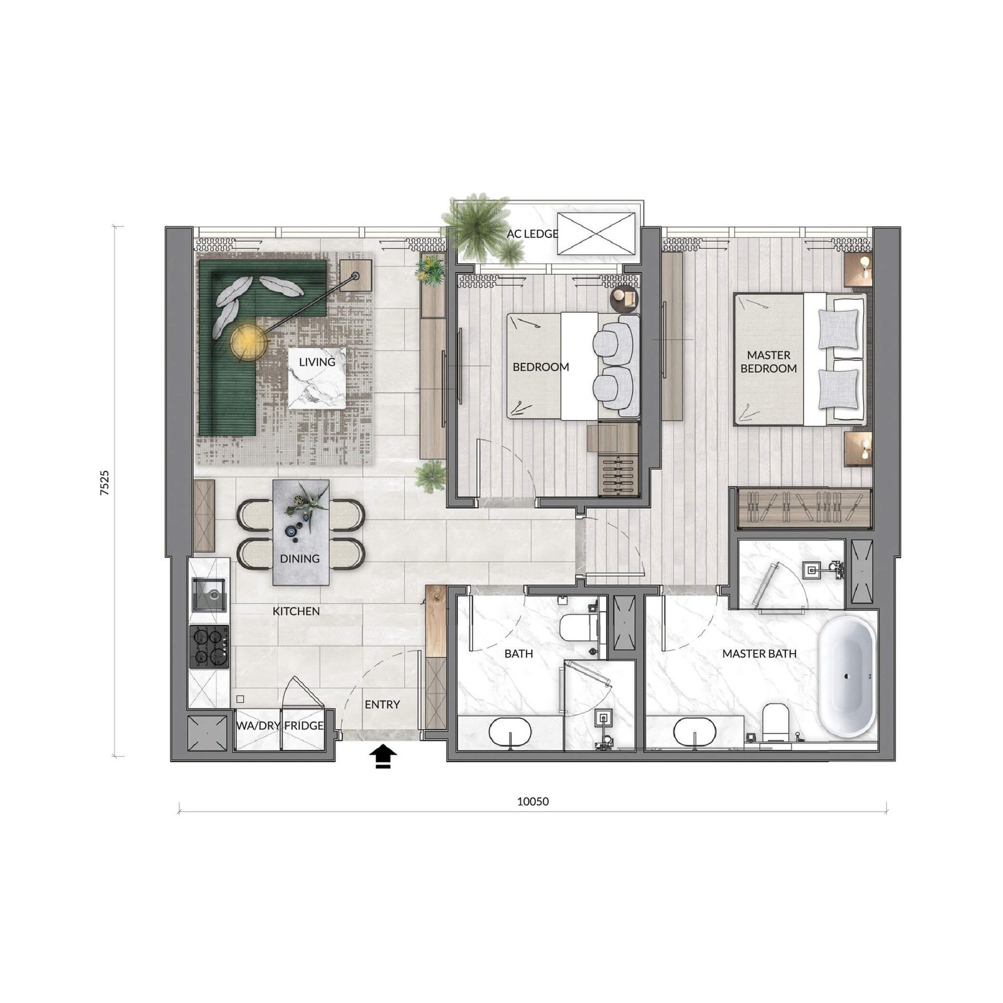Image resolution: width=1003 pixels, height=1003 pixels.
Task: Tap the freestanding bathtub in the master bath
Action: pos(847,676)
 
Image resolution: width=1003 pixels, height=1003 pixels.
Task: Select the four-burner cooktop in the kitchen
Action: pos(209,646)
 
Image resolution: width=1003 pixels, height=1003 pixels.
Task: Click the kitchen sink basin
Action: pos(209,595)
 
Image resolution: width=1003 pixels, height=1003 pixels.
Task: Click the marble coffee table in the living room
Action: pos(317,378)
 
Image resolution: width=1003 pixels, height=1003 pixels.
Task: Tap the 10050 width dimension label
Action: pos(533,801)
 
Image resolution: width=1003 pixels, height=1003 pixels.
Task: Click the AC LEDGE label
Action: pos(532,234)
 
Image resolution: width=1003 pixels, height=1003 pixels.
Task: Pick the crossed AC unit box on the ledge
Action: pos(596,233)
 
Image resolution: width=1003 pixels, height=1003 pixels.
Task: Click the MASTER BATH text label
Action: pos(759,654)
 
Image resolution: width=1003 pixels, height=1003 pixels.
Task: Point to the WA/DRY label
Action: pos(258,725)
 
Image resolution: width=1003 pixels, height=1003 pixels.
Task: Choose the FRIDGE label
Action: pos(304,725)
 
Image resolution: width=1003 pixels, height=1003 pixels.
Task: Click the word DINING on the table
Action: pos(300,559)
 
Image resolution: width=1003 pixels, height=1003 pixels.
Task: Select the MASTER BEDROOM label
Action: pos(769,362)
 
